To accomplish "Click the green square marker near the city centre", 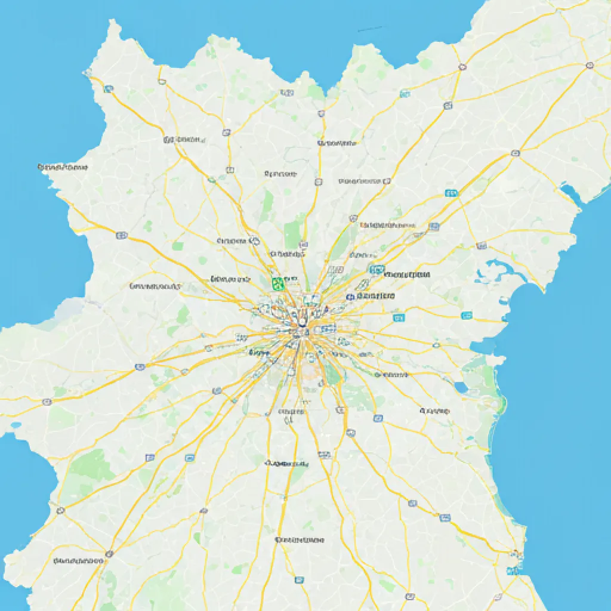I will (x=277, y=283).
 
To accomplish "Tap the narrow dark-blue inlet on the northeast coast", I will (x=569, y=195).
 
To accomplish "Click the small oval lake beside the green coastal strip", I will (x=461, y=388).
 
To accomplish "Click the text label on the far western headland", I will (x=62, y=168).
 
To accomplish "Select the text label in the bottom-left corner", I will (x=78, y=561).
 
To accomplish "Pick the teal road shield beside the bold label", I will (x=377, y=270).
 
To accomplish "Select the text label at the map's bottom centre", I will (x=300, y=540).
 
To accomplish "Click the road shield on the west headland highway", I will (x=121, y=235).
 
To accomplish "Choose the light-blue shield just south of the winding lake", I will (x=467, y=315).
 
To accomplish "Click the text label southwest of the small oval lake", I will (x=434, y=411).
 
